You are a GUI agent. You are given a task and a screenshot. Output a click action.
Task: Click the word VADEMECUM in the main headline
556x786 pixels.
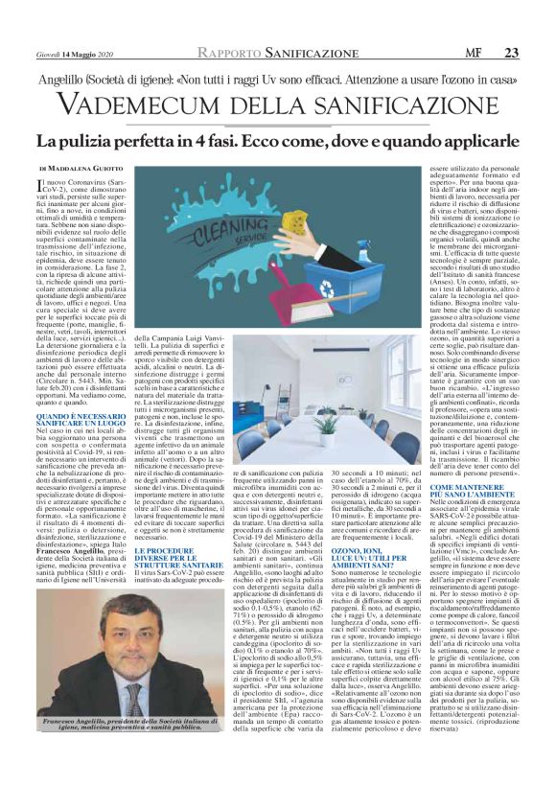pyautogui.click(x=154, y=104)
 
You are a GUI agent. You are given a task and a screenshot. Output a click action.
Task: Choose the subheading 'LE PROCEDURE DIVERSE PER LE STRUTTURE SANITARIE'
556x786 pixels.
pyautogui.click(x=178, y=530)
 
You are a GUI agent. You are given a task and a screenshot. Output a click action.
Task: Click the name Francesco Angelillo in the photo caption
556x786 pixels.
pyautogui.click(x=72, y=719)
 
